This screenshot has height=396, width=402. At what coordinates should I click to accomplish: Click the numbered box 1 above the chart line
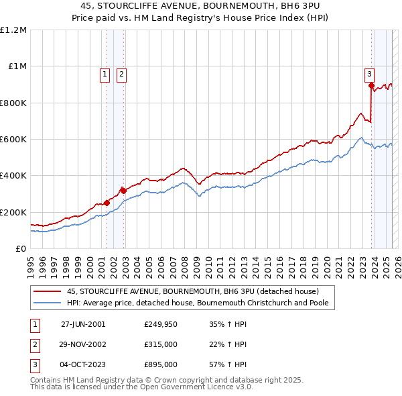pos(105,75)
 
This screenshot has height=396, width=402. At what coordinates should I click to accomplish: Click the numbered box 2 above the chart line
pos(121,75)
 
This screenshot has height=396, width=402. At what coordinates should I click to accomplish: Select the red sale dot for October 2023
pos(371,85)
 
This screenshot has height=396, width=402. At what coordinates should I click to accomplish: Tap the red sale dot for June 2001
pos(107,203)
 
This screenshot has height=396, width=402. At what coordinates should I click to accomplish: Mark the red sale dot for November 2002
pos(123,191)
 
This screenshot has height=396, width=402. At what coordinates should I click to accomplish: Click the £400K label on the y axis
pos(13,176)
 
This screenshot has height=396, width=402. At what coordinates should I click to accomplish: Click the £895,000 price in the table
pos(160,364)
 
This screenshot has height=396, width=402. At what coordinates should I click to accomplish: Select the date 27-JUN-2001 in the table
pos(83,324)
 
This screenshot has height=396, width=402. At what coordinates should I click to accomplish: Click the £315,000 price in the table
pos(160,344)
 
